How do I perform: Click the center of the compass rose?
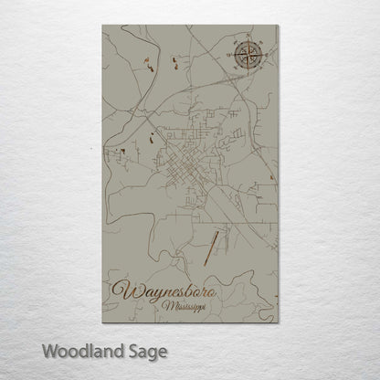[248, 58]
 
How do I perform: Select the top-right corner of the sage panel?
[279, 26]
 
